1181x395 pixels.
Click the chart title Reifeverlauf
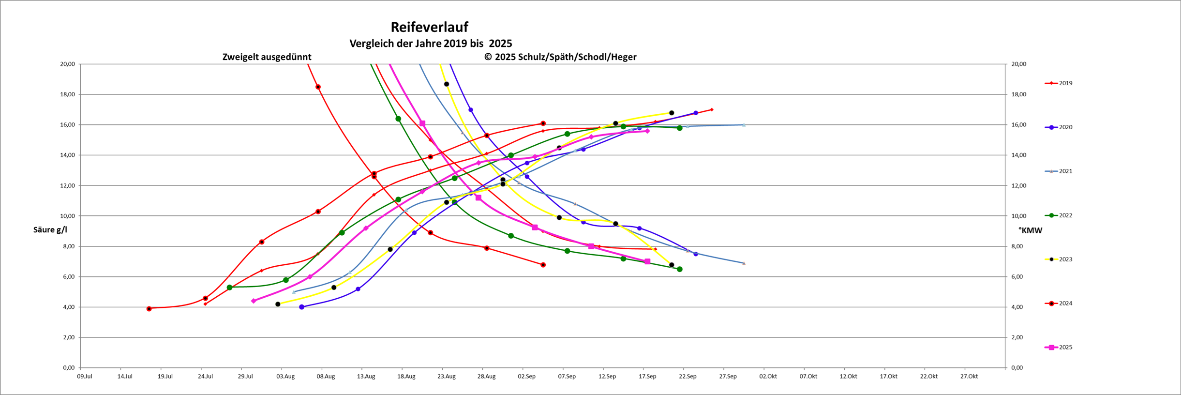(429, 27)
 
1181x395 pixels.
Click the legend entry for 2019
(1065, 83)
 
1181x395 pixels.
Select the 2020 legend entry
(1065, 127)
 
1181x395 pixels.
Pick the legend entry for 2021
(1065, 171)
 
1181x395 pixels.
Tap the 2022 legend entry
(1065, 215)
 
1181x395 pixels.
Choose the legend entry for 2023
(1065, 259)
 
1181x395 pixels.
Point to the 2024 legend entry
(1065, 304)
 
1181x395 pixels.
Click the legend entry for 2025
(1065, 348)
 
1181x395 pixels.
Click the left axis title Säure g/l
(50, 230)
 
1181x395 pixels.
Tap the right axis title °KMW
(1030, 230)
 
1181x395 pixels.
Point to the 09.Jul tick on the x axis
(85, 377)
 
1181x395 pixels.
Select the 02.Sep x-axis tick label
(526, 377)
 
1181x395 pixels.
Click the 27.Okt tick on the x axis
(969, 377)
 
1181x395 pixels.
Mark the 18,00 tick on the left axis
(67, 94)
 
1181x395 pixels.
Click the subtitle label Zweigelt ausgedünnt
(267, 57)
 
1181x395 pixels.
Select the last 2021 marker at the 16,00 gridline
(744, 125)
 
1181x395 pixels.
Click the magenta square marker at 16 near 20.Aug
(422, 124)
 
